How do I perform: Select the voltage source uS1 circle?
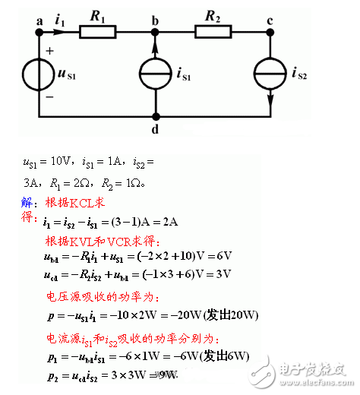point(39,74)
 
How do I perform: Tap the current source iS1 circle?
point(156,74)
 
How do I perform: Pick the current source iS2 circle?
point(271,74)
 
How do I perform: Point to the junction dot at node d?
point(156,116)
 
